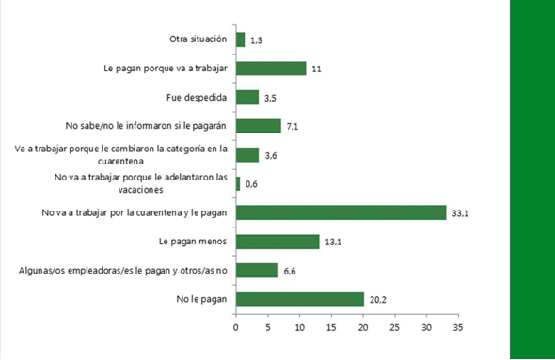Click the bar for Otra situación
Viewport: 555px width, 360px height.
click(240, 39)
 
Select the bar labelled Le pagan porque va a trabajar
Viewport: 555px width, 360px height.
click(271, 69)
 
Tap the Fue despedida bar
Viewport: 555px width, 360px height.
click(247, 97)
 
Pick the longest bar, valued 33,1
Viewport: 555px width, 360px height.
click(341, 212)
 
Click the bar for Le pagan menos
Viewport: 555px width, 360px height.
click(277, 242)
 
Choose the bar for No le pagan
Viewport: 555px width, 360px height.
click(300, 299)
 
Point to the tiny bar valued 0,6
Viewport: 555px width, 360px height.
click(238, 184)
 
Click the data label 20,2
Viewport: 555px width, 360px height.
click(378, 300)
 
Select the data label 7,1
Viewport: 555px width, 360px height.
click(293, 127)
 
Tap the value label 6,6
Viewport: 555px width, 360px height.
click(290, 272)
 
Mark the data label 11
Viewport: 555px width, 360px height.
click(316, 69)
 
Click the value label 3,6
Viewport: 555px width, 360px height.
click(271, 156)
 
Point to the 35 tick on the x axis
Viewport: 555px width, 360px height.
click(458, 328)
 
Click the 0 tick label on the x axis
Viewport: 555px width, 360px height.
click(236, 328)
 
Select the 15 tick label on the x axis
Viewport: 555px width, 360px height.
click(331, 328)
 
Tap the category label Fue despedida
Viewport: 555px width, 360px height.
click(197, 97)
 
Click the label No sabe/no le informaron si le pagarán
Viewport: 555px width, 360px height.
click(146, 126)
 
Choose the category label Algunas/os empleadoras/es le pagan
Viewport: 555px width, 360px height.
click(123, 271)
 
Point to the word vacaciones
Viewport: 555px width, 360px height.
click(140, 190)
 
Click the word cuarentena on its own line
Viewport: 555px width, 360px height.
click(120, 162)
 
